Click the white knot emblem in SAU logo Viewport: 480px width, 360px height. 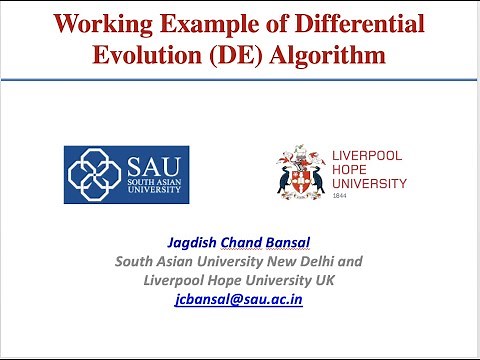click(95, 175)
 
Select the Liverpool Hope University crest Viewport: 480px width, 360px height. click(300, 171)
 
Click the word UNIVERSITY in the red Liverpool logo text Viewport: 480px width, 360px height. click(368, 183)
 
